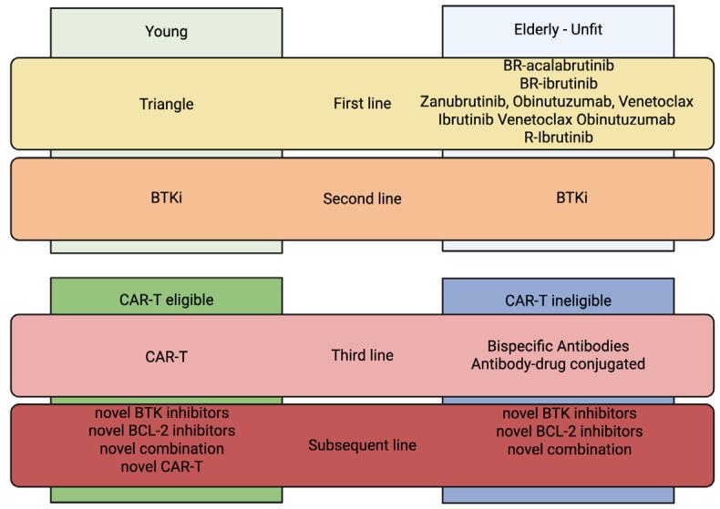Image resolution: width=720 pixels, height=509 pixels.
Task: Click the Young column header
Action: coord(166,32)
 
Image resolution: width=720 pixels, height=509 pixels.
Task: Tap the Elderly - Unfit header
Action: coord(558,30)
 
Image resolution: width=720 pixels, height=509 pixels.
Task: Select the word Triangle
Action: coord(166,104)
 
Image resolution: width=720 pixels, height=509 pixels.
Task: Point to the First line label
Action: coord(362,104)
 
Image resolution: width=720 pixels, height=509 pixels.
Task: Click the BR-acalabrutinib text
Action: coord(558,66)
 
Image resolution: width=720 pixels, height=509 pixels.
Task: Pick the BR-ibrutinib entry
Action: coord(558,84)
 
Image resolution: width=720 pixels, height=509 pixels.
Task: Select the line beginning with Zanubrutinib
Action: coord(556,101)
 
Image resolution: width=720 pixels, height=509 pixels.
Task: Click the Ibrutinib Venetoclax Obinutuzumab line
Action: coord(556,119)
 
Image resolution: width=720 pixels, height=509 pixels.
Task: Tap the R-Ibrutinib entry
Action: coord(557,137)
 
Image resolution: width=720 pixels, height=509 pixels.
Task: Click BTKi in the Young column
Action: coord(166,198)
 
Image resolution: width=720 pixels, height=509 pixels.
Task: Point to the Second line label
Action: coord(362,199)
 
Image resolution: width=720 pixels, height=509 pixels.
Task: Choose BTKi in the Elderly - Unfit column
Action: coord(558,198)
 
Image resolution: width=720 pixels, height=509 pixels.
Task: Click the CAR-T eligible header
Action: coord(166,300)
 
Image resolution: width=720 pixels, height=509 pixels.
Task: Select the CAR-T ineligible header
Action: coord(558,300)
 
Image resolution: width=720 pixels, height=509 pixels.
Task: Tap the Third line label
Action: coord(362,355)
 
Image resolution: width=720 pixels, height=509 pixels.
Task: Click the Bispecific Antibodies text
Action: coord(558,347)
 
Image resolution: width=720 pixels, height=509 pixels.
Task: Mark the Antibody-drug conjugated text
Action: coord(558,364)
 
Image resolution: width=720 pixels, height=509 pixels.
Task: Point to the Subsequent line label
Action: coord(362,445)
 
